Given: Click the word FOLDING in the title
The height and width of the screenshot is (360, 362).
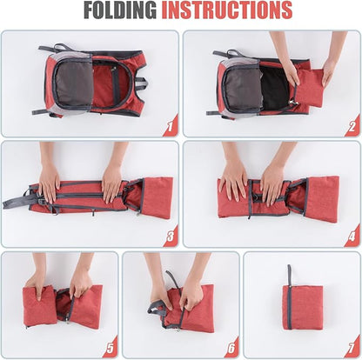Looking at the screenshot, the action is point(120,10).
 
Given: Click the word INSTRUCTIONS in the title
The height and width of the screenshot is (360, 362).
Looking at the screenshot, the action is point(226,10).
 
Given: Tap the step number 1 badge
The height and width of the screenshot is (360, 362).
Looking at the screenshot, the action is point(171,126).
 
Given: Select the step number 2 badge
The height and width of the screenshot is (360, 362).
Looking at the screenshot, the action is point(352,126).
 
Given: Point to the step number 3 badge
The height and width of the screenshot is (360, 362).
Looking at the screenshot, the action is point(171,237).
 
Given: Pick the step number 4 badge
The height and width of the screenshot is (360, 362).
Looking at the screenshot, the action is point(352,237).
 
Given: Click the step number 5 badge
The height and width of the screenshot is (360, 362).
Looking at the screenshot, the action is point(111,347).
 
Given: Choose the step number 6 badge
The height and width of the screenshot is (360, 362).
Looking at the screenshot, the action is point(231,347).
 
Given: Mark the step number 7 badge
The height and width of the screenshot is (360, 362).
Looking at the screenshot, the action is point(352,347).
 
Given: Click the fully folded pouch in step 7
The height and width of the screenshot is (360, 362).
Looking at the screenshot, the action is point(303,308).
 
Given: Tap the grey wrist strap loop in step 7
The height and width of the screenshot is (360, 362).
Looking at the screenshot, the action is point(289,276).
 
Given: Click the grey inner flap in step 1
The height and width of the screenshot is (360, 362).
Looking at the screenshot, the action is point(74,84).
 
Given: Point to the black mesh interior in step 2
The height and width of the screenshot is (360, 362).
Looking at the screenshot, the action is point(275,88).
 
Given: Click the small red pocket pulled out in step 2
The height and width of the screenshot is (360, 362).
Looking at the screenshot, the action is point(309,88).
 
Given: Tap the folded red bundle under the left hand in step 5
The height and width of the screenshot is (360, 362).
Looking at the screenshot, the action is point(39,306).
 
